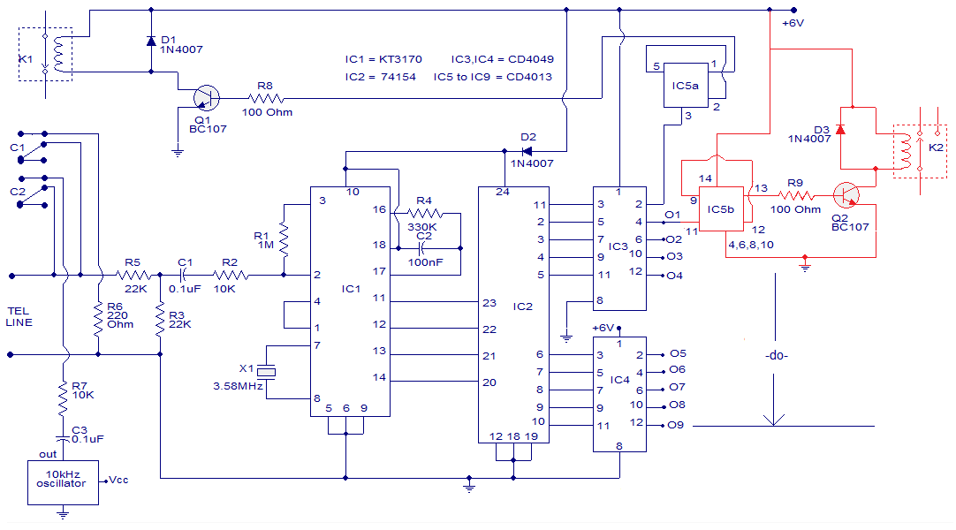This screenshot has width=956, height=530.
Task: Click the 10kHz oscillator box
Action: (62, 482)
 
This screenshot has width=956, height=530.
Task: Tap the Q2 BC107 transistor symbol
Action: (849, 196)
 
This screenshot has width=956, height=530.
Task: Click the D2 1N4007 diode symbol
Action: (529, 151)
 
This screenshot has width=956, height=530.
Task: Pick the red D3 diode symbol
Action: (840, 130)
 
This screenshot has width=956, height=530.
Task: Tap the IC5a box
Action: (686, 86)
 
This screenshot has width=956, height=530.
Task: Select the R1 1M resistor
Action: (285, 238)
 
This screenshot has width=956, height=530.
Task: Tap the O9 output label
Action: (677, 426)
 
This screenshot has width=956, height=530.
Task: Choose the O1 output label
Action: (673, 215)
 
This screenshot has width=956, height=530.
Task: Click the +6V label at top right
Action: (792, 24)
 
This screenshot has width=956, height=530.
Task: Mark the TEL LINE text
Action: (19, 316)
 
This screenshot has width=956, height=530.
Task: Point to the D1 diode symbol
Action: (151, 42)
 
